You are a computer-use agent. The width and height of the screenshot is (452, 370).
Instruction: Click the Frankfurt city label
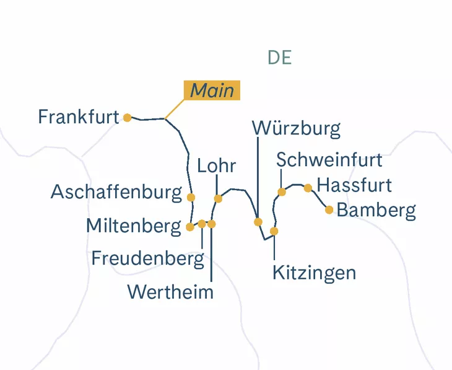[x=78, y=117]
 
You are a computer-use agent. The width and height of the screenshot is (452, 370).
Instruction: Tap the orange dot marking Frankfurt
[x=127, y=118]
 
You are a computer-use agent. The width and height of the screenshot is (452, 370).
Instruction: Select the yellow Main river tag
[x=212, y=90]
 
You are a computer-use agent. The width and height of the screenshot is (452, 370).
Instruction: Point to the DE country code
[x=279, y=58]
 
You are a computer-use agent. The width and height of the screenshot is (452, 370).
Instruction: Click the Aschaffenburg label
[x=116, y=192]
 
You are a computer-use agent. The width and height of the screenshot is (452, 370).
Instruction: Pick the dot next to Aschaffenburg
[x=191, y=198]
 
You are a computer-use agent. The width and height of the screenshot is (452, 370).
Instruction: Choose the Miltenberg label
[x=134, y=226]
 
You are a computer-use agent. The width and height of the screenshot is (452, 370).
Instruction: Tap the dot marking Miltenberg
[x=190, y=227]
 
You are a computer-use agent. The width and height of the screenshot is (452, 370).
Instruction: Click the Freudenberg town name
[x=147, y=258]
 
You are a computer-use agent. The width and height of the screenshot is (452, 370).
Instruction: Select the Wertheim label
[x=170, y=291]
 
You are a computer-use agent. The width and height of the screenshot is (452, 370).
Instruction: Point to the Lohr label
[x=217, y=166]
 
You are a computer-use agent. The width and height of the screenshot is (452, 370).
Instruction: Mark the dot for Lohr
[x=218, y=199]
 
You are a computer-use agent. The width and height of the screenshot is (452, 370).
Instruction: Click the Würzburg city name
[x=297, y=128]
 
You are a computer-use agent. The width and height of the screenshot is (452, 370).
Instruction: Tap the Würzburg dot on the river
[x=258, y=222]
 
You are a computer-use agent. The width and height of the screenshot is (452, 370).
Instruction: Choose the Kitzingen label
[x=315, y=272]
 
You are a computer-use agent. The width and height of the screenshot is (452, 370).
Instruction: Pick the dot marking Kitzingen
[x=274, y=231]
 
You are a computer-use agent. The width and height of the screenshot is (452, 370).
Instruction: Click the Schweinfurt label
[x=329, y=159]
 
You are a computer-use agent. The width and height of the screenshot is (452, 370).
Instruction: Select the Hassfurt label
[x=354, y=185]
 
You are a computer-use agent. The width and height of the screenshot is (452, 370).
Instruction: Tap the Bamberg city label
[x=376, y=210]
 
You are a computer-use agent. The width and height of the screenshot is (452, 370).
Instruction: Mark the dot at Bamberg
[x=329, y=209]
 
